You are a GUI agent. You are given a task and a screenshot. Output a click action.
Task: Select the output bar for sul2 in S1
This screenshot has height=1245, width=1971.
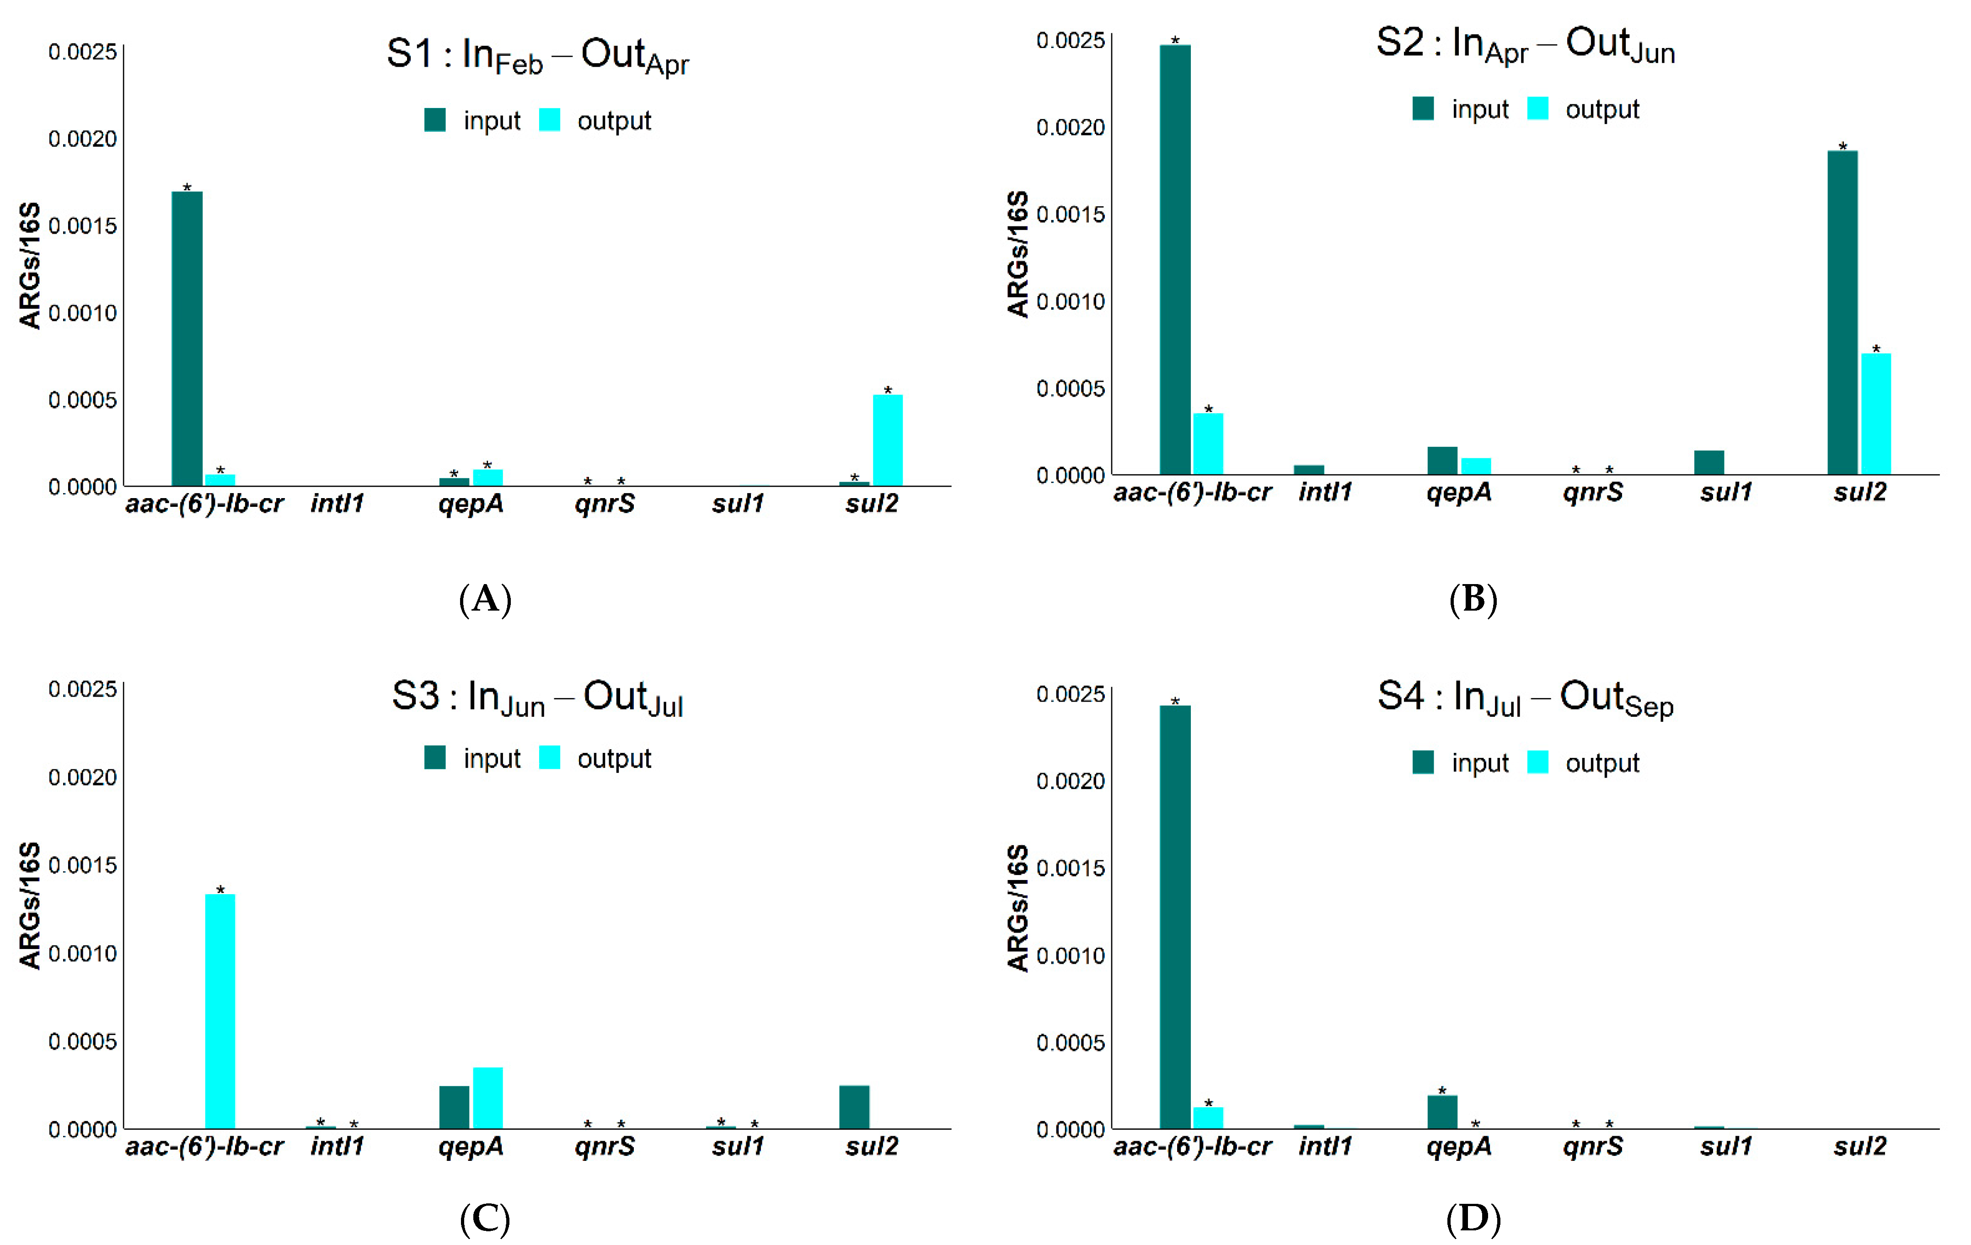887,440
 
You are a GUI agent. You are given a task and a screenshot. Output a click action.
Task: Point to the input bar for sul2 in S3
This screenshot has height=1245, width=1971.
854,1107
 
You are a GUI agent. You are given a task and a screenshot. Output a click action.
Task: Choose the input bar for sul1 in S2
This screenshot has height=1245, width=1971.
1709,462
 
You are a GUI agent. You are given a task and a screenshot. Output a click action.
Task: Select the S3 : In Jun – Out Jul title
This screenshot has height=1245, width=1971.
537,698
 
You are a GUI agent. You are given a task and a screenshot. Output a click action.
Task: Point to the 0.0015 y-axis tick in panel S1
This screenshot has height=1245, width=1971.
82,226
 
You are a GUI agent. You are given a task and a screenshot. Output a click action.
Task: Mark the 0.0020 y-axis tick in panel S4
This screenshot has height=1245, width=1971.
1070,781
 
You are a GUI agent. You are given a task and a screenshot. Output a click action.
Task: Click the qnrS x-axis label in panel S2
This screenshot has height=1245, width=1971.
1592,492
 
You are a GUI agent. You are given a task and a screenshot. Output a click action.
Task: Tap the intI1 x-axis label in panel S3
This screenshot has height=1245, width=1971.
337,1146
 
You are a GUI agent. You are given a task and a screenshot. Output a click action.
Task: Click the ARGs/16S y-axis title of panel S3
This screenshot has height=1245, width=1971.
29,905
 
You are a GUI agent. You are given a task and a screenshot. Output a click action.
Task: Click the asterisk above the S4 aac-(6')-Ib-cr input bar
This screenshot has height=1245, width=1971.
1174,701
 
